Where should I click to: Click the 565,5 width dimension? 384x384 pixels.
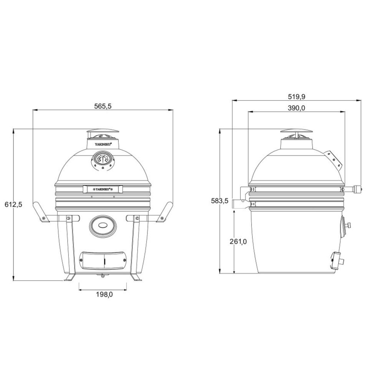tap(103, 106)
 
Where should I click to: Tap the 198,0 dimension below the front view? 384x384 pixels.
tap(103, 295)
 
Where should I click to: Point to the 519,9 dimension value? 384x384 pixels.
tap(296, 96)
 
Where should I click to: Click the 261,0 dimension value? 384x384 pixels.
tap(238, 242)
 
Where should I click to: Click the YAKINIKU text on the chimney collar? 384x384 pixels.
tap(103, 144)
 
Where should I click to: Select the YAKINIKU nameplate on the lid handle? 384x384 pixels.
tap(103, 189)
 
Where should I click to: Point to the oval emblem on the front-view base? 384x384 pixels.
tap(103, 225)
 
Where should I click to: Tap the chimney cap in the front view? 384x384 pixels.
tap(103, 132)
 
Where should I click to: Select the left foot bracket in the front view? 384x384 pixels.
tap(70, 278)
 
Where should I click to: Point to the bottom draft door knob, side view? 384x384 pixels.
tap(340, 260)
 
